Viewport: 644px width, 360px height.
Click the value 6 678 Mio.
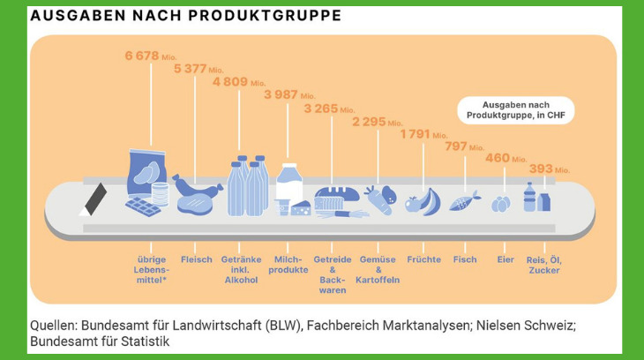tap(151, 56)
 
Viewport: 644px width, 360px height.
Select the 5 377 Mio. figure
tap(198, 69)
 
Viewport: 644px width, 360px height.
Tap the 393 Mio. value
tap(549, 169)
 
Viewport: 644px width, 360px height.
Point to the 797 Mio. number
tap(465, 146)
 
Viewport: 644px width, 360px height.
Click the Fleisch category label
tap(197, 259)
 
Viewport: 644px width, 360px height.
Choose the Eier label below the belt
tap(505, 259)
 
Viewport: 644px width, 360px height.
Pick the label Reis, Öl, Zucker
tap(544, 265)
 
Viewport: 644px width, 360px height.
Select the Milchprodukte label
tap(288, 265)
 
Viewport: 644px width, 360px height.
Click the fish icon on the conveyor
tap(465, 201)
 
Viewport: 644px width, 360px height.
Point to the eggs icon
tap(501, 204)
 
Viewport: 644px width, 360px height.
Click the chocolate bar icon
tap(143, 206)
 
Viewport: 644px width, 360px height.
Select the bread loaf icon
tap(337, 194)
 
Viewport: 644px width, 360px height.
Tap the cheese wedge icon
tap(301, 208)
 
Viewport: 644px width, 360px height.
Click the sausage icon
tap(197, 187)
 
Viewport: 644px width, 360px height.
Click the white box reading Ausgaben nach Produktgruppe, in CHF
tap(516, 110)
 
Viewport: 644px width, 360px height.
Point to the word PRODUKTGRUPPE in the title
tap(265, 16)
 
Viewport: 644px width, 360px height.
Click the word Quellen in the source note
tap(54, 326)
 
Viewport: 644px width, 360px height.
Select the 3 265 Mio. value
tap(329, 109)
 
